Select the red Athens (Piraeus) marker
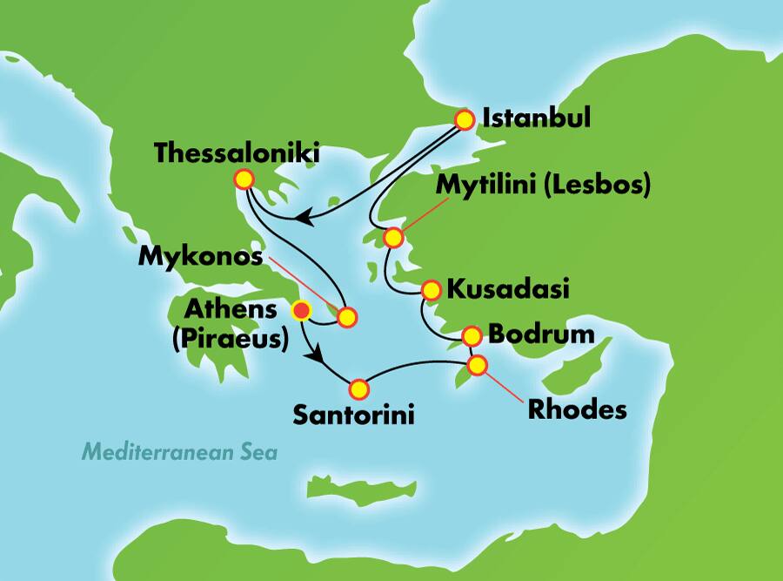point(301,309)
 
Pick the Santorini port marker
point(358,388)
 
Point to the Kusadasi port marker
point(431,290)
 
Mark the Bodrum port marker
point(471,335)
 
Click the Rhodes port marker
point(477,365)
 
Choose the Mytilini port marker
point(394,237)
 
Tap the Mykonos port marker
point(346,318)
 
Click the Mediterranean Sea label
point(179,452)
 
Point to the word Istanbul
point(535,118)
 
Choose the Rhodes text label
point(577,409)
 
